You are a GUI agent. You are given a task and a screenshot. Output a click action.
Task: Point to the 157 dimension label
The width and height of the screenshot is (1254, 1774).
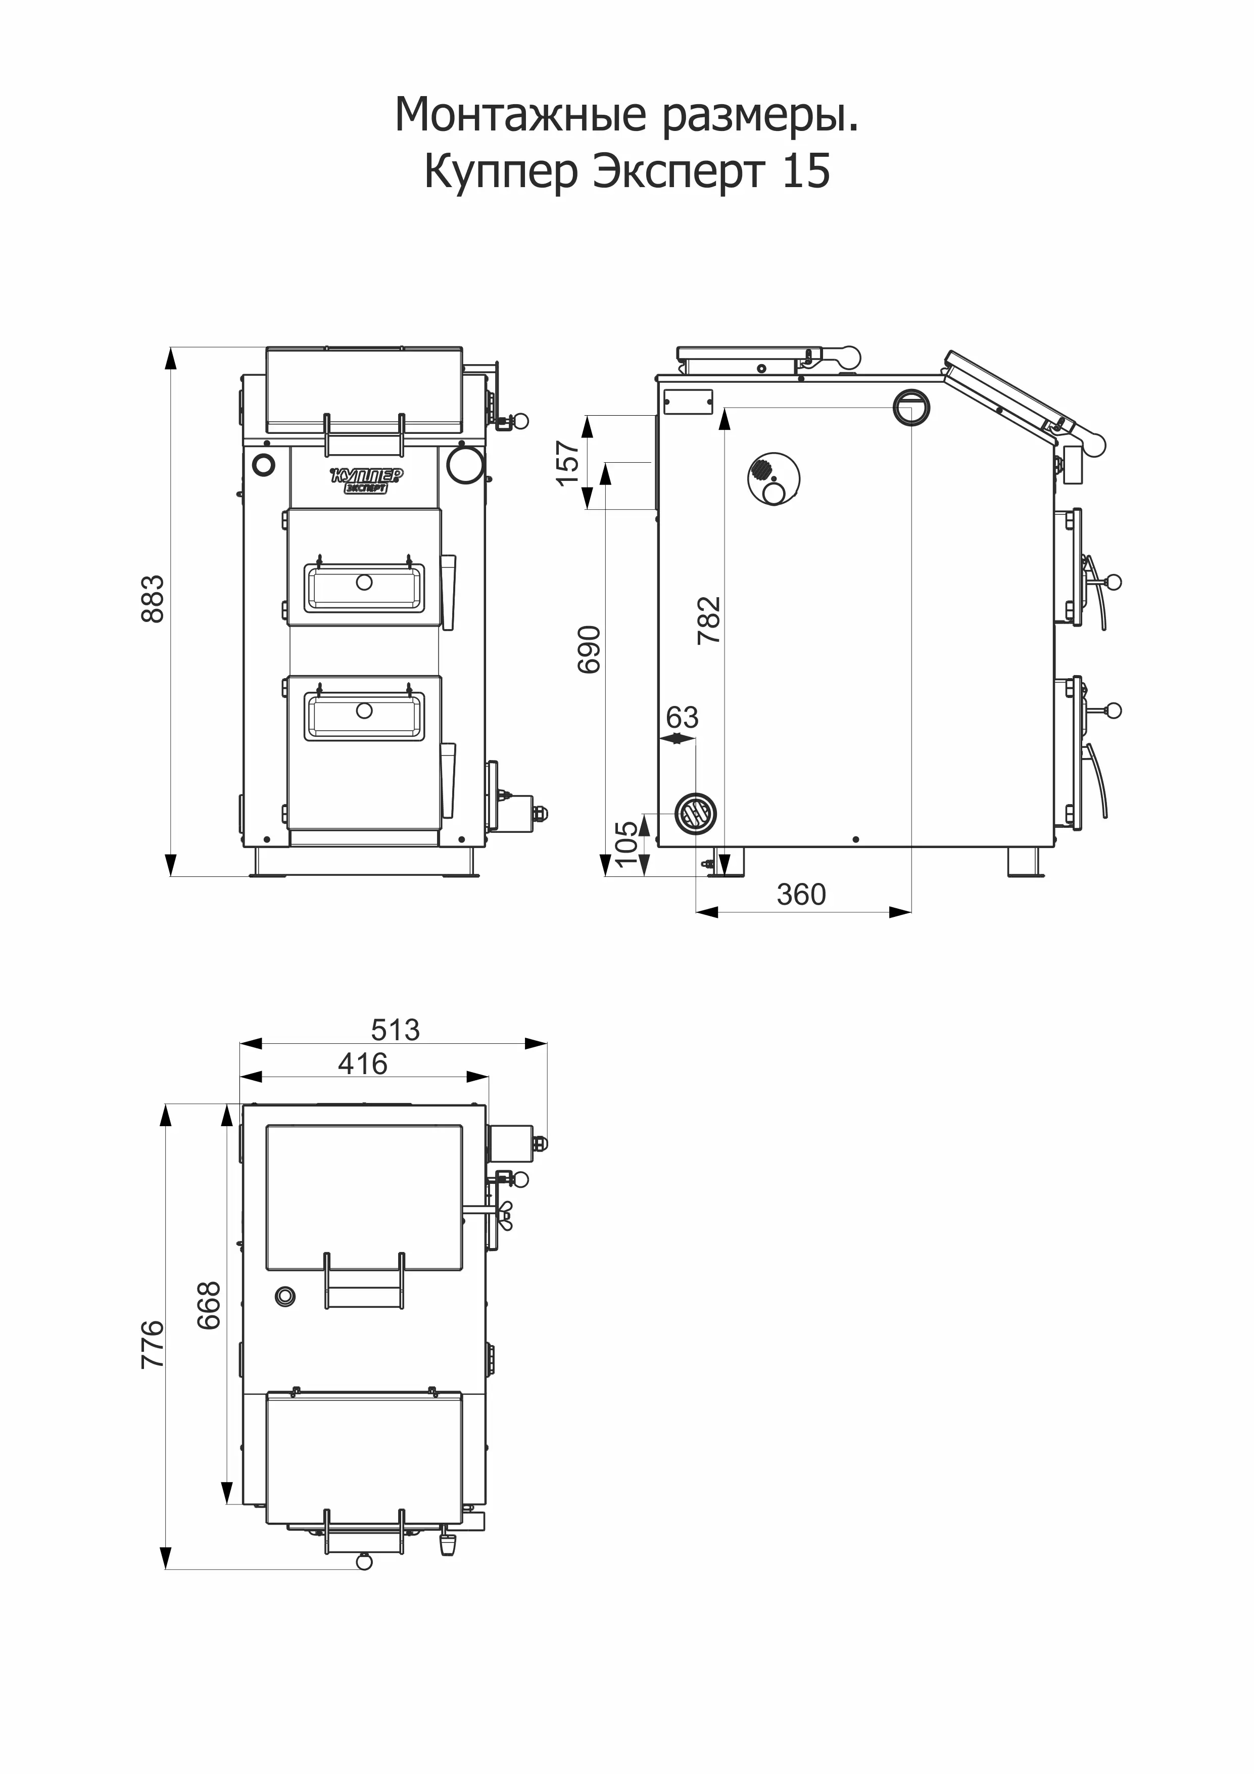(567, 463)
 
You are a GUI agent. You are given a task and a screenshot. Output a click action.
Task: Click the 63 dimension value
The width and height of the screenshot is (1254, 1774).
(682, 718)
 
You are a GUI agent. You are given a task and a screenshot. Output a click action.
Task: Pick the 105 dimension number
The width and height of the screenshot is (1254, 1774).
(627, 843)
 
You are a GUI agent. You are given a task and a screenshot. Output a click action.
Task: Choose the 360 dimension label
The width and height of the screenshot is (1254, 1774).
(801, 895)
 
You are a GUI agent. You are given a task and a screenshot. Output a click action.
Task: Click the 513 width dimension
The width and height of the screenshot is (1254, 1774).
(396, 1030)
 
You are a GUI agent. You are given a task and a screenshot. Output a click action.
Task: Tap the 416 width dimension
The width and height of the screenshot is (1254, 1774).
(363, 1064)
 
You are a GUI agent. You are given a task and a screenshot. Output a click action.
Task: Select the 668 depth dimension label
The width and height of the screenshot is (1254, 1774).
(209, 1306)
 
